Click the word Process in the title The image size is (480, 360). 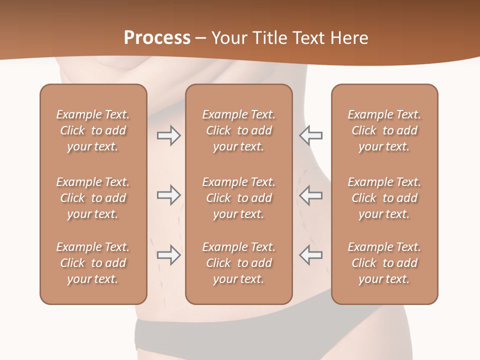click(x=157, y=38)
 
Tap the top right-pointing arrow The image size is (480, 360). click(x=168, y=135)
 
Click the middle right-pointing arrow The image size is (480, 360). click(x=168, y=195)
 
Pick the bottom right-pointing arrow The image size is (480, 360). click(x=168, y=255)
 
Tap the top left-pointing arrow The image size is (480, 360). click(x=310, y=135)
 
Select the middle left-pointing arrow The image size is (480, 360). click(x=310, y=195)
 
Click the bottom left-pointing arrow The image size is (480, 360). click(x=310, y=255)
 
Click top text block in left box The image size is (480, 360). click(x=93, y=130)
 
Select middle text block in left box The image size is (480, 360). click(x=93, y=198)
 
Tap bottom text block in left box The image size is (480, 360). click(x=93, y=263)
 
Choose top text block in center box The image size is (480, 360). click(x=238, y=130)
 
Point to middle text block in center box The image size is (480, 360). click(x=238, y=198)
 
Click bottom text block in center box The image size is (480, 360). click(x=238, y=263)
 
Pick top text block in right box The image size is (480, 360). click(x=384, y=130)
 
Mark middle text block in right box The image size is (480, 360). click(x=384, y=198)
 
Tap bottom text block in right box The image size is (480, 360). click(x=384, y=263)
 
